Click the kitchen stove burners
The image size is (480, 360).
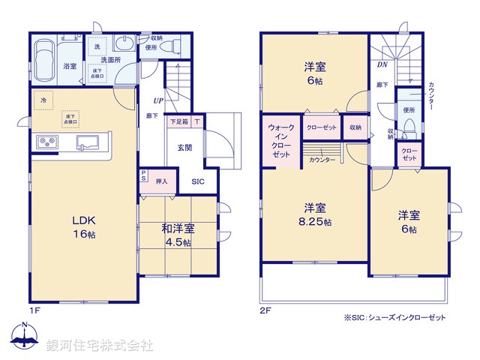pos(46,143)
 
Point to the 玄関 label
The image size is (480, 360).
pos(185,148)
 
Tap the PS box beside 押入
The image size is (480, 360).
pos(143,177)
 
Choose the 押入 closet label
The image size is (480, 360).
pos(161,181)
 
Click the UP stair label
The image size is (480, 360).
pos(158,100)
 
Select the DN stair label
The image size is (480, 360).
pos(382,65)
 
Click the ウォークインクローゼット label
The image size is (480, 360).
pos(281,140)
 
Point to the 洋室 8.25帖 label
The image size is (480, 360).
pos(314,213)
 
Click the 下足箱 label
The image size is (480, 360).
pos(178,121)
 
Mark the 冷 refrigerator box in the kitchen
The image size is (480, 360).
pos(43,100)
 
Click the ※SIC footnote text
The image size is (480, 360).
pos(394,317)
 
